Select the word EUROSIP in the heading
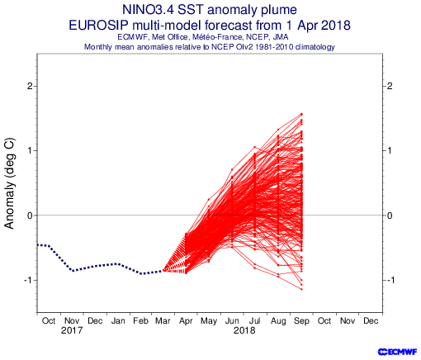coord(98,26)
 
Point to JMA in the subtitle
coord(281,37)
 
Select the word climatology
coord(315,47)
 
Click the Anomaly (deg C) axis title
coord(9,183)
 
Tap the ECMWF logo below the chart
coord(397,352)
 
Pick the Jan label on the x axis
coord(118,321)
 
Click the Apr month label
coord(186,321)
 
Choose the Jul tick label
coord(255,321)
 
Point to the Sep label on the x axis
coord(301,321)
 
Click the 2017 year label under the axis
coord(72,330)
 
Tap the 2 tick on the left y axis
coord(30,86)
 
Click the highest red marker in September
coord(301,114)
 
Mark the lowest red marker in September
coord(301,289)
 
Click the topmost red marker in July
coord(255,147)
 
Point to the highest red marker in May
coord(209,200)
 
